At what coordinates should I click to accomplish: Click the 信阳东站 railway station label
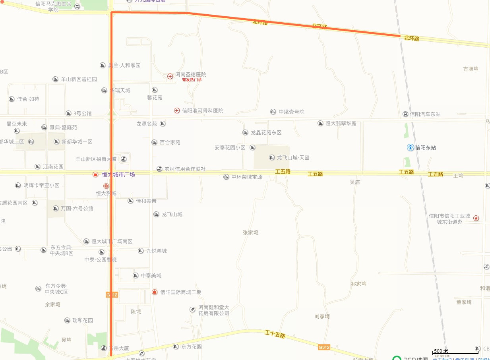(426, 147)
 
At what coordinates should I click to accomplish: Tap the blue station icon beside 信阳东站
(411, 147)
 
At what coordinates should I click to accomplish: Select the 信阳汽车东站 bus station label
(425, 114)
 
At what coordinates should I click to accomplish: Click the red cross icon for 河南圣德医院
(170, 75)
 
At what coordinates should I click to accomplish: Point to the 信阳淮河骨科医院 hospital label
(202, 110)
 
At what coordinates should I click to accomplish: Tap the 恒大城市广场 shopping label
(118, 174)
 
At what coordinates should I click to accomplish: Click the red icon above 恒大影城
(106, 186)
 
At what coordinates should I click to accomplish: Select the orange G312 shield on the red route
(112, 294)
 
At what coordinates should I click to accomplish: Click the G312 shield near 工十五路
(324, 347)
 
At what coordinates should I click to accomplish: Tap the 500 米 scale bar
(455, 352)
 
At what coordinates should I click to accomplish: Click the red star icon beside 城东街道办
(476, 218)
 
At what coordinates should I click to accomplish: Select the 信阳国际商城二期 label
(181, 292)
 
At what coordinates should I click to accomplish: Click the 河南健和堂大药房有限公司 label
(214, 310)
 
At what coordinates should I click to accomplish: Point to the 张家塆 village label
(250, 232)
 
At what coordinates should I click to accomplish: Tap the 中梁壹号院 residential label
(291, 112)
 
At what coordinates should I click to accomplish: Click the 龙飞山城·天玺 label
(293, 157)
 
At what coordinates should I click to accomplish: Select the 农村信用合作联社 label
(185, 169)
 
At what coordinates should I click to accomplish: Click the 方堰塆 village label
(471, 69)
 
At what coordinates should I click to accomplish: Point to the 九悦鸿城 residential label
(156, 251)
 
